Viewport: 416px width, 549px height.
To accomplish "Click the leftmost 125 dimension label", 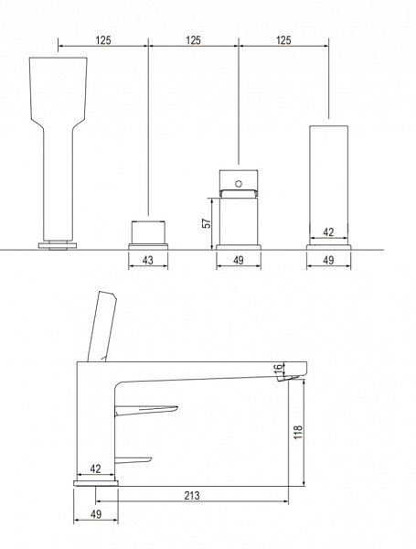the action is [103, 40].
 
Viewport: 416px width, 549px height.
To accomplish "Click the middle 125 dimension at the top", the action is [193, 40].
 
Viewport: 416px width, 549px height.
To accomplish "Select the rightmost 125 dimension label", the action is [283, 40].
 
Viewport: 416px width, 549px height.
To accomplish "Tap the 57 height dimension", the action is [207, 223].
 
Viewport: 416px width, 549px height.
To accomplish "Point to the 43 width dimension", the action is [148, 260].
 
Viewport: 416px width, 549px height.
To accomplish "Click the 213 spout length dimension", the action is [192, 495].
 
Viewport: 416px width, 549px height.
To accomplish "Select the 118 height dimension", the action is [298, 432].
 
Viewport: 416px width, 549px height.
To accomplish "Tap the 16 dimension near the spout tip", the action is [278, 368].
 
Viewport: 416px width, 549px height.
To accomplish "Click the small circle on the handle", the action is [239, 184].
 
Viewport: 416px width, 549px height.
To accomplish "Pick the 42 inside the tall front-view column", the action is [328, 232].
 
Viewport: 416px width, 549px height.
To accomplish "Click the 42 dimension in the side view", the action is [95, 468].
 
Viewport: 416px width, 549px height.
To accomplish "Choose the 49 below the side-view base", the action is [96, 514].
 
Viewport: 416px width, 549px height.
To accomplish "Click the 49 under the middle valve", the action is [239, 260].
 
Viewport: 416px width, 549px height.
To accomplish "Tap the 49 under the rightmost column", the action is [328, 260].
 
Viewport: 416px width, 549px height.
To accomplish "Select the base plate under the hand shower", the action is [58, 245].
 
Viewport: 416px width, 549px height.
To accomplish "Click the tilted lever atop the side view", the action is [101, 326].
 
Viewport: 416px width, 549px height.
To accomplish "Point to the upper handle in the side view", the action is [146, 410].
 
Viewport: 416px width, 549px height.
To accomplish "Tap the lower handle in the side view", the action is [133, 460].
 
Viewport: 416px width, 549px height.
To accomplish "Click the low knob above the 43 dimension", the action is [148, 232].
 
